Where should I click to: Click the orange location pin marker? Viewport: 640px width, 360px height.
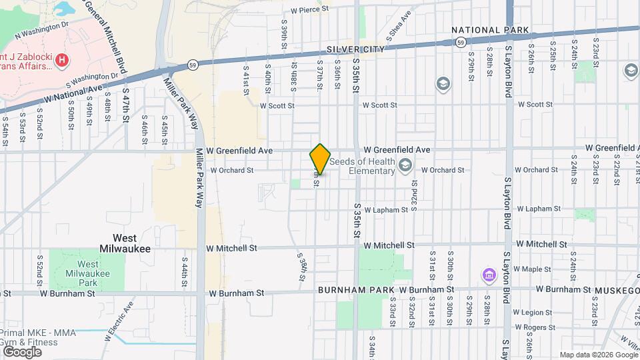(x=320, y=159)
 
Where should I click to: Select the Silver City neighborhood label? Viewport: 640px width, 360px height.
(x=355, y=50)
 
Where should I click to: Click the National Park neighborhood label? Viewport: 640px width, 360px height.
(x=490, y=30)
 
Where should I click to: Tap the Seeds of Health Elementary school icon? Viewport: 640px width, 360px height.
(x=405, y=165)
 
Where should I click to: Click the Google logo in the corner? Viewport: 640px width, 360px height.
(x=21, y=351)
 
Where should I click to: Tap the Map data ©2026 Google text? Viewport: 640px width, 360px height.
(x=598, y=355)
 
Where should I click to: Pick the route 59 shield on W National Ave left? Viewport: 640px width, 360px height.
(x=192, y=65)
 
